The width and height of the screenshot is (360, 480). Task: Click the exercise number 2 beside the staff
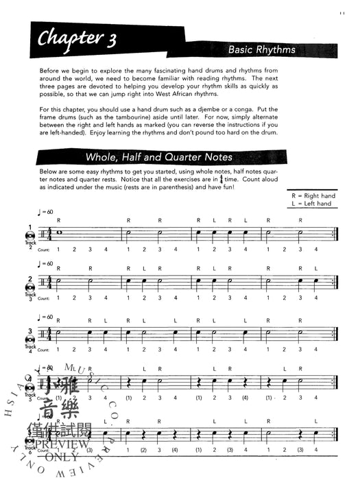pyautogui.click(x=31, y=280)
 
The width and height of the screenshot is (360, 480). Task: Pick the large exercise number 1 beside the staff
pyautogui.click(x=30, y=227)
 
